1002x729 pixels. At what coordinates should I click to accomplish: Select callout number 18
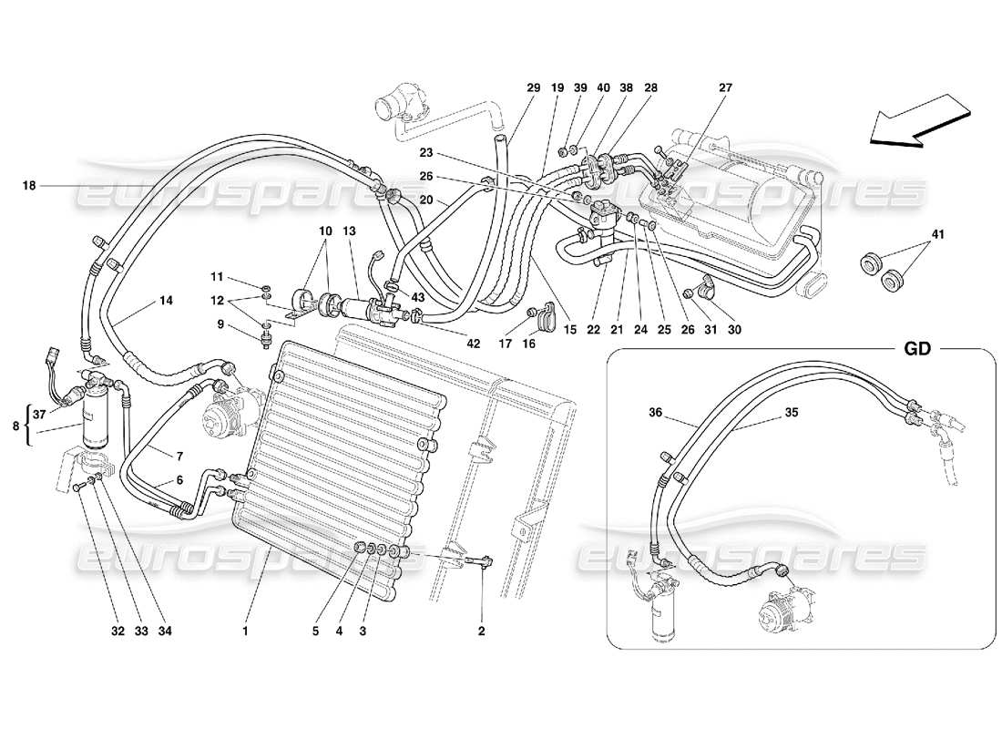[x=30, y=186]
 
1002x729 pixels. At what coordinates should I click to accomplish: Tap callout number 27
[x=725, y=88]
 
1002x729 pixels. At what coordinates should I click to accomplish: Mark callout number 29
[x=533, y=88]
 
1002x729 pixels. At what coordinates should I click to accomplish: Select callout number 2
[x=482, y=630]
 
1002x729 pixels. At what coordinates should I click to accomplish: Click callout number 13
[x=350, y=231]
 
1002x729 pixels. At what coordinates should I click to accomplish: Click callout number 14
[x=166, y=298]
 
